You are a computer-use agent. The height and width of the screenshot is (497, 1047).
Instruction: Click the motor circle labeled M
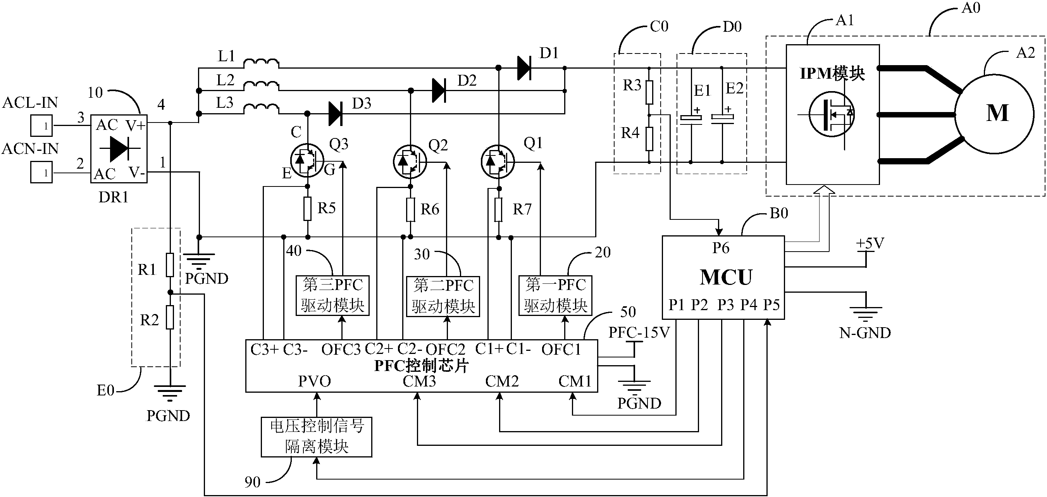pyautogui.click(x=994, y=114)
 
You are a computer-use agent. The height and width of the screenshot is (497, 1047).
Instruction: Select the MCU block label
pyautogui.click(x=726, y=277)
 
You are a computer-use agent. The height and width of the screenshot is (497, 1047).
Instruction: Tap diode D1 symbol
pyautogui.click(x=524, y=68)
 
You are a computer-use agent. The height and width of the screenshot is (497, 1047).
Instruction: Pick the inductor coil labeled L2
pyautogui.click(x=261, y=85)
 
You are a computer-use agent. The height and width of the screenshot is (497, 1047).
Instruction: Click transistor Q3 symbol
pyautogui.click(x=307, y=161)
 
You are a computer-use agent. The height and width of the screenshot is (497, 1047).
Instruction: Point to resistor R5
pyautogui.click(x=308, y=209)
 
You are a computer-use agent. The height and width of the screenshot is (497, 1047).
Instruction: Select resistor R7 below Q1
pyautogui.click(x=498, y=209)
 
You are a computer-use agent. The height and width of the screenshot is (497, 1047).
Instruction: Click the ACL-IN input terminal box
pyautogui.click(x=41, y=126)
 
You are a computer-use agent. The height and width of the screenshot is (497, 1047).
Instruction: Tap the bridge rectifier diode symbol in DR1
pyautogui.click(x=119, y=149)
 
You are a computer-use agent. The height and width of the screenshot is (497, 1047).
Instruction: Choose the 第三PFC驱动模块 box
pyautogui.click(x=332, y=295)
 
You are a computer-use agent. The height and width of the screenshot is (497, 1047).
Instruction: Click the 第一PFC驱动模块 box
pyautogui.click(x=555, y=295)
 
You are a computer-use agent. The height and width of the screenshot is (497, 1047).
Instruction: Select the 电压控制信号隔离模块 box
pyautogui.click(x=316, y=437)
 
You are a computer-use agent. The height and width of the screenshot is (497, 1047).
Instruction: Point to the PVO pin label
pyautogui.click(x=314, y=381)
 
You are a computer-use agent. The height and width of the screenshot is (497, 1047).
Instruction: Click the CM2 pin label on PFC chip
pyautogui.click(x=502, y=381)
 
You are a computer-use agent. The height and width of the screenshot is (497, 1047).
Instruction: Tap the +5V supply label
pyautogui.click(x=870, y=243)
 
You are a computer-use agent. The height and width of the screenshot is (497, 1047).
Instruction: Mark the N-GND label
pyautogui.click(x=865, y=333)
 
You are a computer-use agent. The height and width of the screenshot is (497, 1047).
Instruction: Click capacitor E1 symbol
pyautogui.click(x=691, y=118)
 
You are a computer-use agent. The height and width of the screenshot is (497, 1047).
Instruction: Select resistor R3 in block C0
pyautogui.click(x=649, y=92)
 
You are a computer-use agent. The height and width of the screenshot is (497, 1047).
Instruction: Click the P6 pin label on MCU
pyautogui.click(x=721, y=248)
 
